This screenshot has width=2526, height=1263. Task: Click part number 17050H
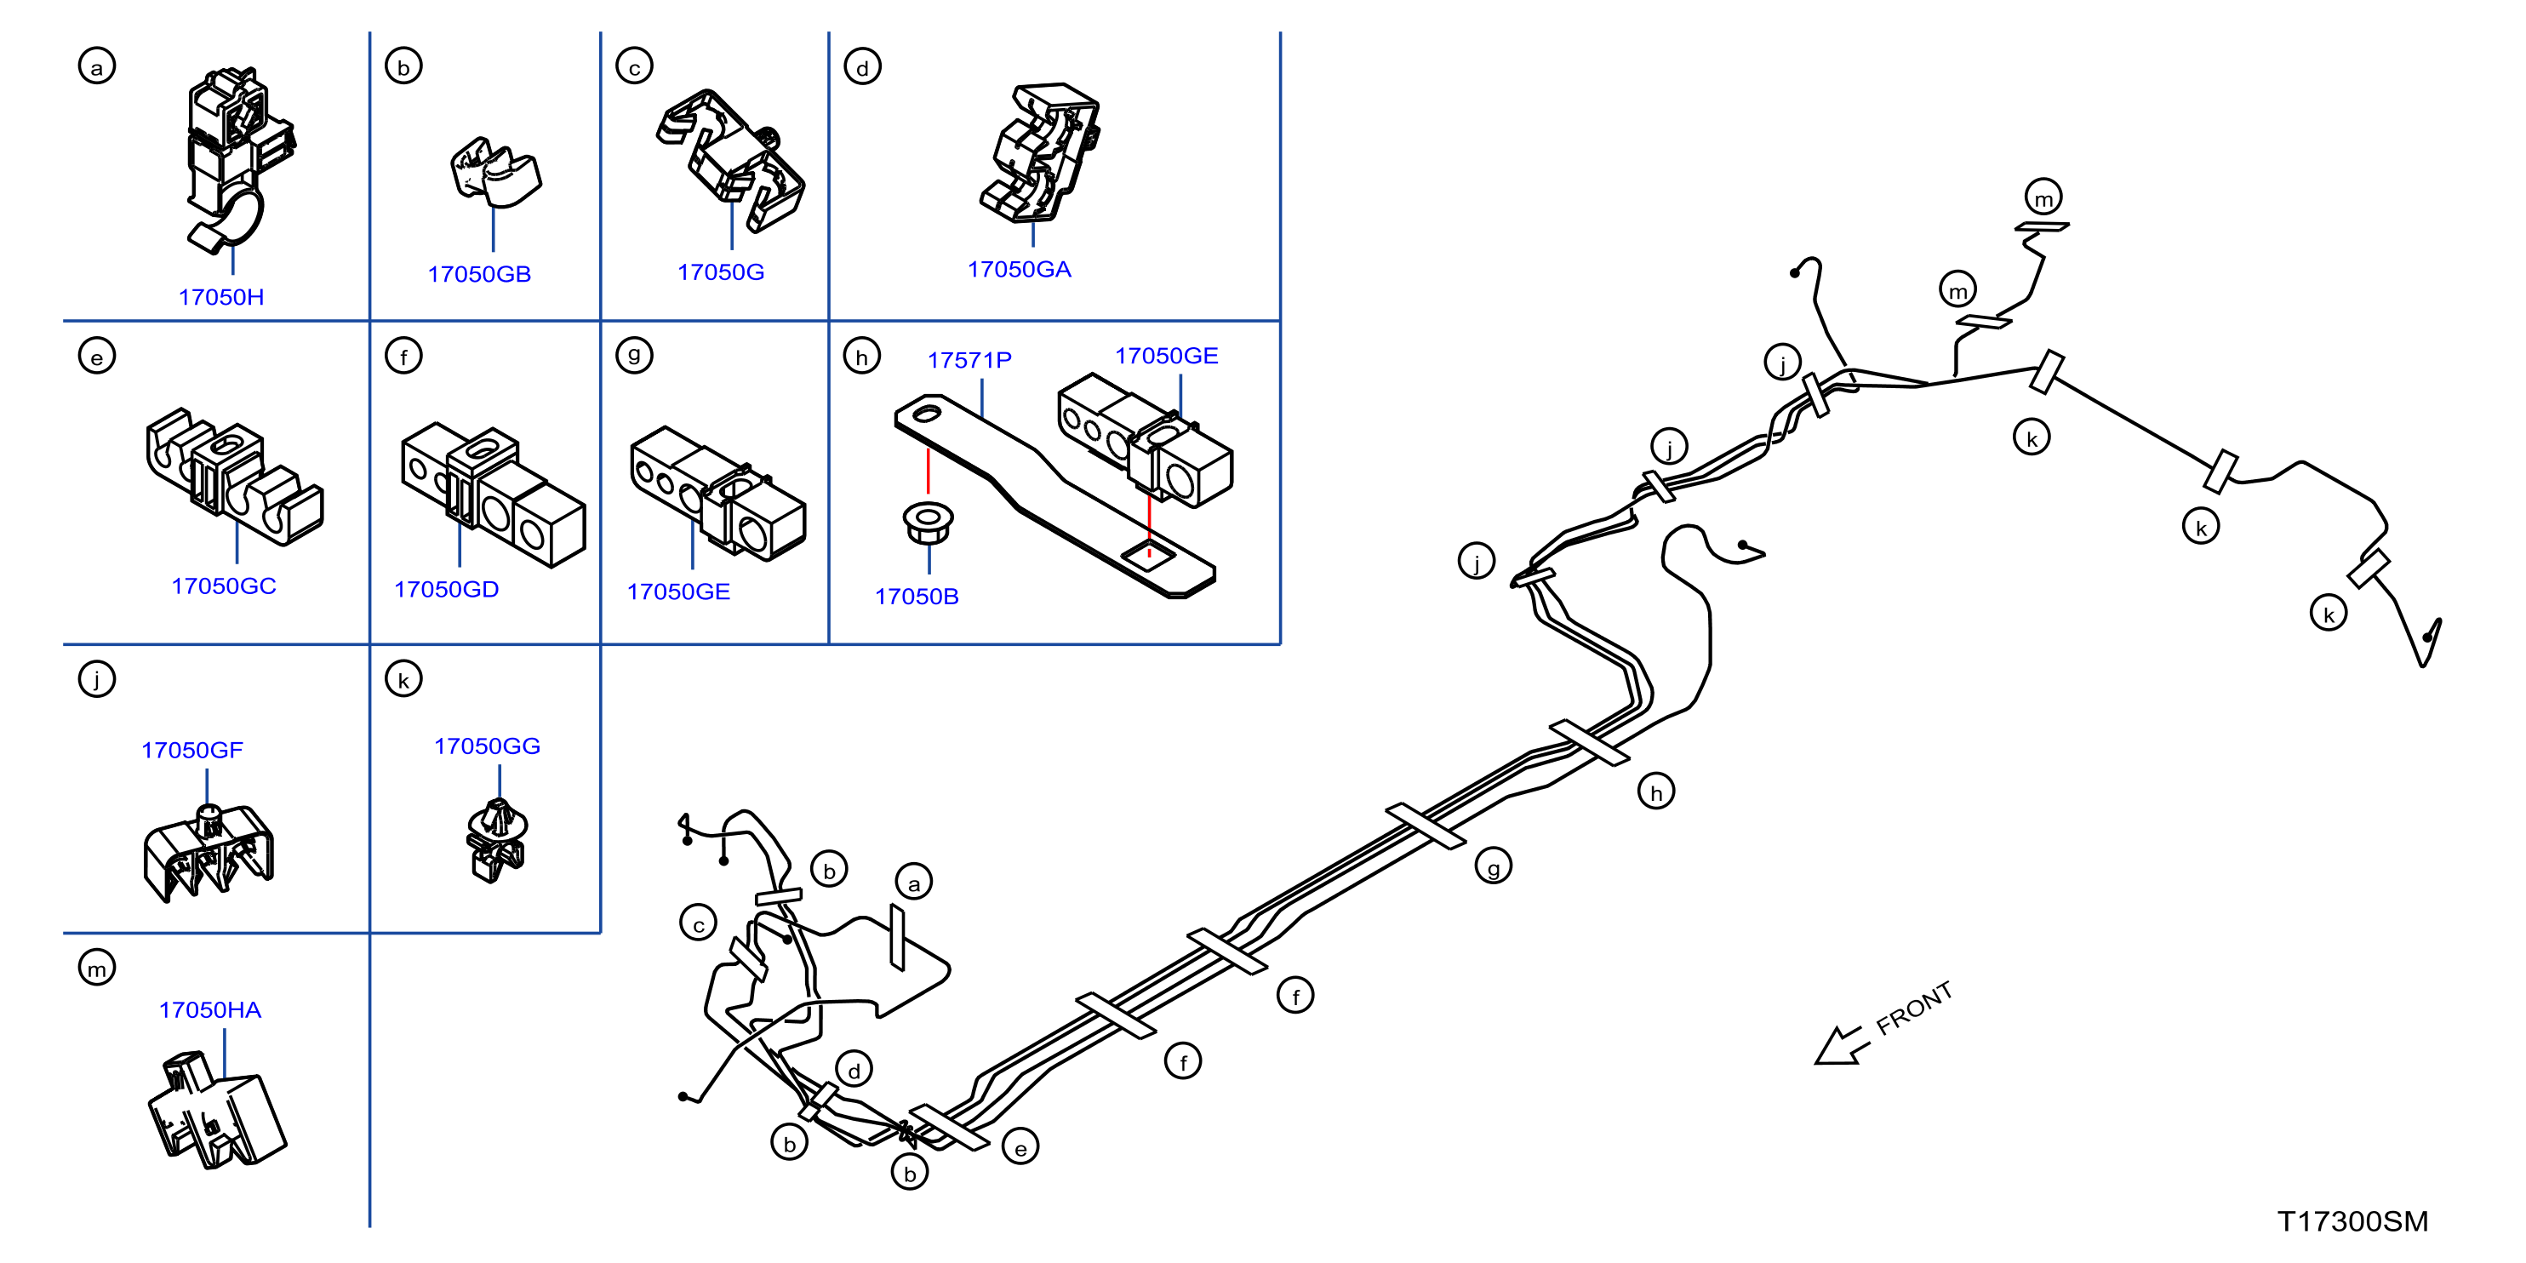(x=221, y=297)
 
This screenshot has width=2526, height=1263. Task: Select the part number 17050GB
(x=479, y=275)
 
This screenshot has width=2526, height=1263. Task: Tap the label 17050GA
(x=1020, y=270)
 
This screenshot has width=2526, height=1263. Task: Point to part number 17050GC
(x=224, y=586)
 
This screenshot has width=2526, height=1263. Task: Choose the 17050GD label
(x=446, y=589)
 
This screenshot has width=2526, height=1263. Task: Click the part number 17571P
(x=970, y=360)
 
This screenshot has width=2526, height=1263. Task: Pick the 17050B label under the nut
(x=917, y=597)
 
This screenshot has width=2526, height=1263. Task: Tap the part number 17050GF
(x=192, y=750)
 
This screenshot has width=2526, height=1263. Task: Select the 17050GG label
(x=488, y=746)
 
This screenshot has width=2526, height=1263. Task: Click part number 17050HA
(x=210, y=1010)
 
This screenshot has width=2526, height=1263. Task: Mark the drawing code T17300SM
(x=2352, y=1222)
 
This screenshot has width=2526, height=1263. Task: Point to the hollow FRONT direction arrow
(x=1842, y=1045)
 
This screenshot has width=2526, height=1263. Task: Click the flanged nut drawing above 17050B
(x=928, y=523)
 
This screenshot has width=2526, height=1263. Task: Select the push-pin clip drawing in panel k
(x=496, y=839)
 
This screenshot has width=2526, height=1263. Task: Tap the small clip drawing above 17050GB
(x=495, y=173)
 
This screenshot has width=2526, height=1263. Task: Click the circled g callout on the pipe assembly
(x=1494, y=867)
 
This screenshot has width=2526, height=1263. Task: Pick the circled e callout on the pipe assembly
(x=1020, y=1148)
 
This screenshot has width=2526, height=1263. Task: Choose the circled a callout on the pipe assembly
(x=914, y=883)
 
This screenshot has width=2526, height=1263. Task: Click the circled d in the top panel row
(x=863, y=66)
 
